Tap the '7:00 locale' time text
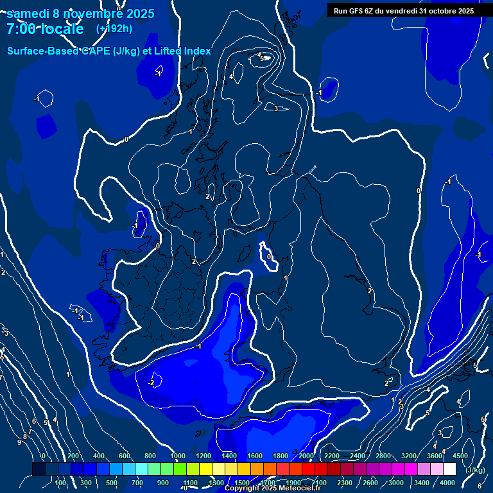(x=45, y=30)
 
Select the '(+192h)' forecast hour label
(x=114, y=29)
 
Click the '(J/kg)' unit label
(x=474, y=471)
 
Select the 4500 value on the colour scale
(x=460, y=456)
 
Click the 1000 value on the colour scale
(x=178, y=456)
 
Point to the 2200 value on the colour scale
(x=332, y=456)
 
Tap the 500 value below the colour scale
(x=112, y=483)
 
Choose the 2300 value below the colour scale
(x=345, y=483)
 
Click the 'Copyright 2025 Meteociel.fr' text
(x=272, y=489)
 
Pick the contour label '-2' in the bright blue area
(x=151, y=383)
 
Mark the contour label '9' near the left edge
(x=19, y=443)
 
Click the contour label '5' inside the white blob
(x=262, y=58)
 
